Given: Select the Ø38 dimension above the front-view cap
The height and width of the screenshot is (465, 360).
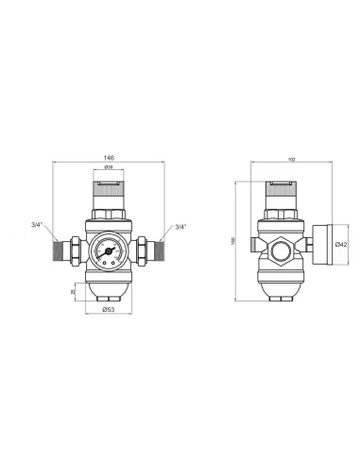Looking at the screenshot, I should click(111, 168).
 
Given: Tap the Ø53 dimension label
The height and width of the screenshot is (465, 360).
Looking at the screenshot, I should click(110, 309).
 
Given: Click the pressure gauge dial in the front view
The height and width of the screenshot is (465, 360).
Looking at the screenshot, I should click(111, 252).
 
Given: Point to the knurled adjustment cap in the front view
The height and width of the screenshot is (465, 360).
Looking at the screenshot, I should click(111, 190).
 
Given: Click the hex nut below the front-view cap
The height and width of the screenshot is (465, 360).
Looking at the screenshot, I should click(111, 215).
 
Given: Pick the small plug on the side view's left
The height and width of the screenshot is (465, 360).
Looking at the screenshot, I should click(256, 250).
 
